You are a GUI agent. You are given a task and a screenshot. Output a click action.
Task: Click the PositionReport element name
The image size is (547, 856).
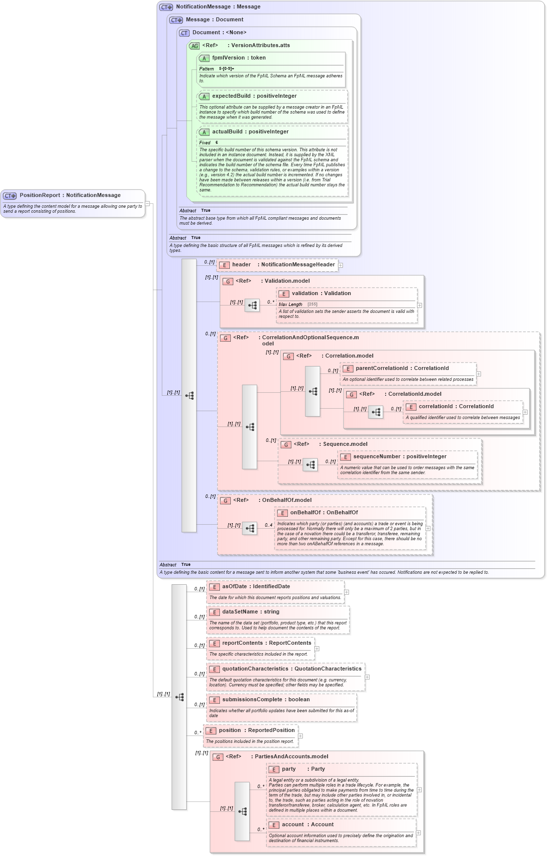[x=69, y=195]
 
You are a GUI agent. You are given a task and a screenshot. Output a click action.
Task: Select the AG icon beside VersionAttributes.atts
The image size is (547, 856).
[x=194, y=46]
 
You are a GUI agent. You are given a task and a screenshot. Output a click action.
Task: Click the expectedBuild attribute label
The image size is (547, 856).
[x=254, y=96]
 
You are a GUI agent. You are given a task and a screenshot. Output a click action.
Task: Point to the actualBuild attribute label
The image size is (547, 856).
[x=250, y=132]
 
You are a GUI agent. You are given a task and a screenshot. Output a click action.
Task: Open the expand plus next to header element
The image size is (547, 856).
[x=341, y=265]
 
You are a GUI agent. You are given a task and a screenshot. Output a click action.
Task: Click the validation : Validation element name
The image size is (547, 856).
[x=321, y=294]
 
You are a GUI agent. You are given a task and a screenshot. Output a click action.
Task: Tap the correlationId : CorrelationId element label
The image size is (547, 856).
[x=456, y=407]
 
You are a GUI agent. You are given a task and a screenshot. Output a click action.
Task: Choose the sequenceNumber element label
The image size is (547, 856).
[x=400, y=457]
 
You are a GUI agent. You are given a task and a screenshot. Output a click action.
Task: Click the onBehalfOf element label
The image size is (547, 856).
[x=324, y=513]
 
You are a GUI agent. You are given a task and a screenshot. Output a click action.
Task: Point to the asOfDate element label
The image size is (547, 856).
[x=256, y=587]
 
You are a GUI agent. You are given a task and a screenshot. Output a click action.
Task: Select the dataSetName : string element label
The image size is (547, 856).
[x=251, y=612]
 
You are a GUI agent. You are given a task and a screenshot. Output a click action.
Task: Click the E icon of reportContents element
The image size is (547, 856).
[x=214, y=644]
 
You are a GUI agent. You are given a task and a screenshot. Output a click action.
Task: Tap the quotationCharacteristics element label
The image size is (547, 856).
[x=291, y=669]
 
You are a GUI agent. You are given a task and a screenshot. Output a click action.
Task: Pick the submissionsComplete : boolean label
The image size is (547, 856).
[x=266, y=700]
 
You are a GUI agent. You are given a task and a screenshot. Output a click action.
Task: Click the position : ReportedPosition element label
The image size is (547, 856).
[x=257, y=731]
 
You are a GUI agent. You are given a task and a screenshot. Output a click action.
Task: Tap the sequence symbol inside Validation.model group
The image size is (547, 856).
[x=252, y=305]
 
